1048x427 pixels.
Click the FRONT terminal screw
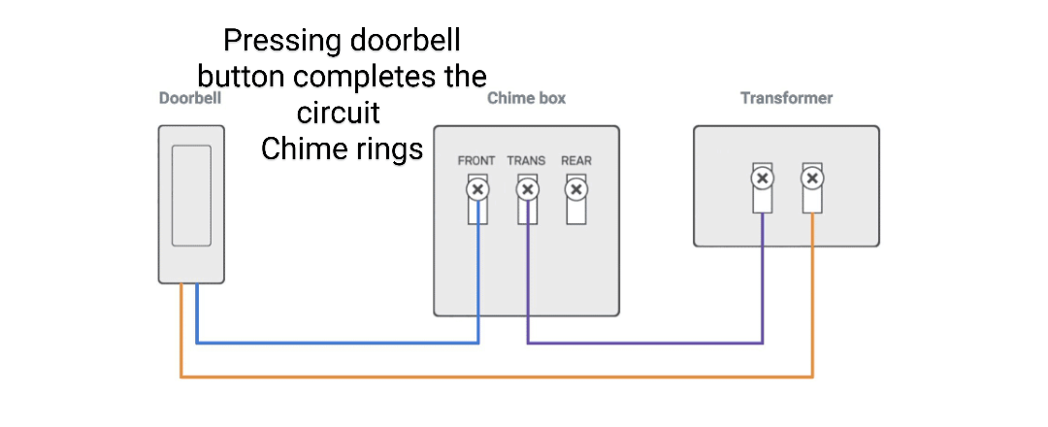[x=476, y=189]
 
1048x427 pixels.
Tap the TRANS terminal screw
[x=527, y=189]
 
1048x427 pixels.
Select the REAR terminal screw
[x=576, y=189]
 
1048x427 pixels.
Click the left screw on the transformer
[x=763, y=178]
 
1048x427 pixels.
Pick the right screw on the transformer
[x=812, y=178]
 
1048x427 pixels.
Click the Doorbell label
[x=190, y=98]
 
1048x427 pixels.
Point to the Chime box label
[x=526, y=98]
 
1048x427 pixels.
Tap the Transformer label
[x=786, y=98]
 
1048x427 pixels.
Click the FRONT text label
[x=476, y=161]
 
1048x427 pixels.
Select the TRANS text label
[x=526, y=161]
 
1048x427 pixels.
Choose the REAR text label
[x=576, y=161]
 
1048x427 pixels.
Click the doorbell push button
[x=191, y=195]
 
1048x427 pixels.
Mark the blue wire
[x=340, y=343]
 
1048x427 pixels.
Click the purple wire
[x=645, y=343]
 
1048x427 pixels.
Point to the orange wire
[x=495, y=377]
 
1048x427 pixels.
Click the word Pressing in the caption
[x=275, y=42]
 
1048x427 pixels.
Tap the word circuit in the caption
[x=342, y=114]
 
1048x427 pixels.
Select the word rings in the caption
[x=388, y=149]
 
